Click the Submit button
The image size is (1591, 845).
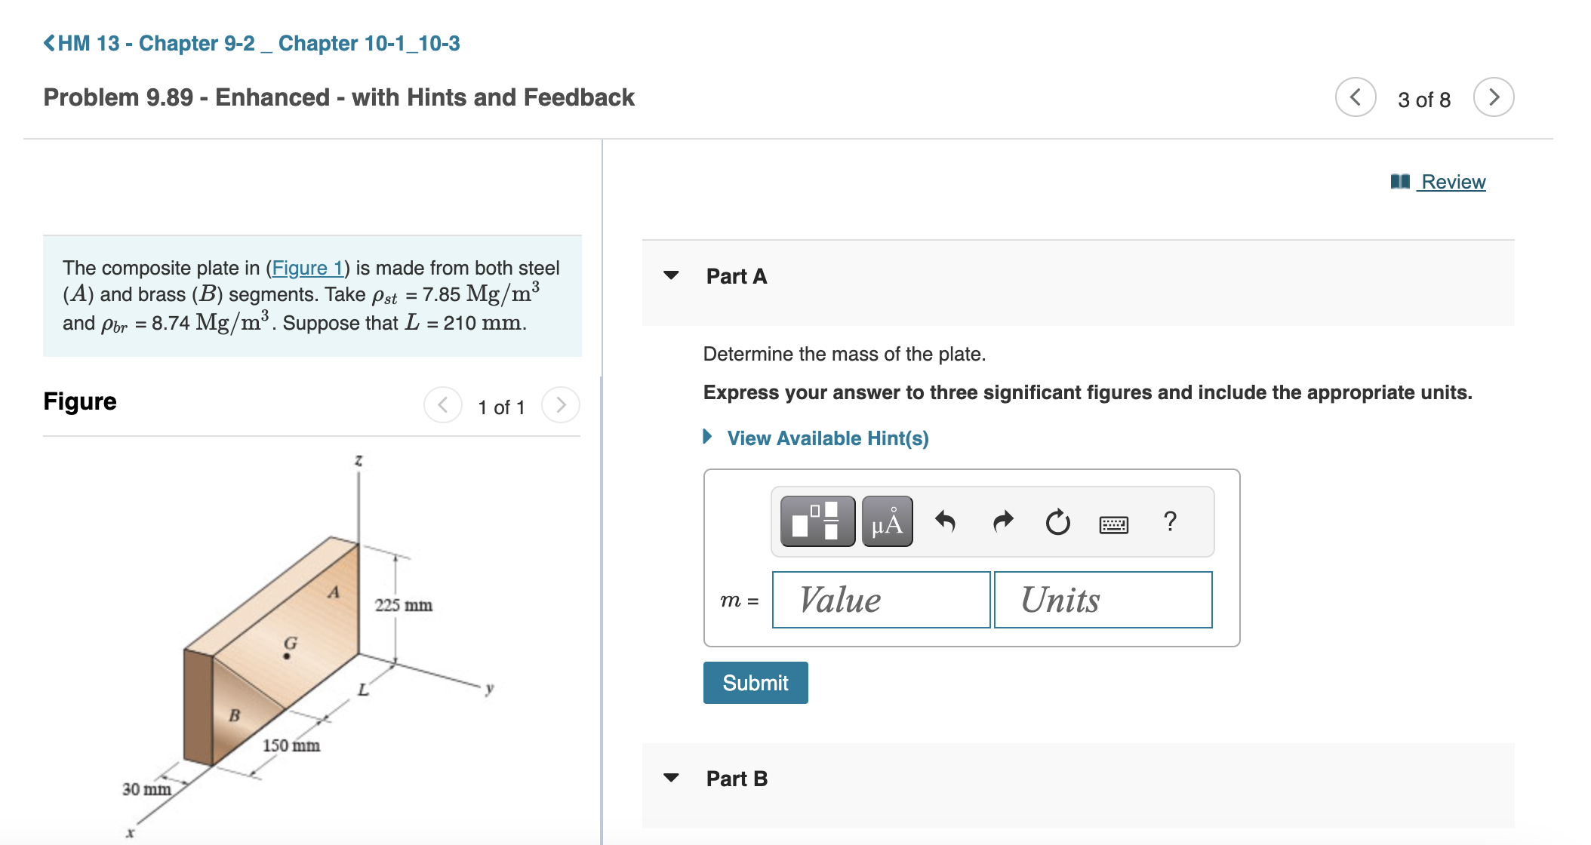tap(755, 683)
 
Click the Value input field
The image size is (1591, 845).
tap(881, 600)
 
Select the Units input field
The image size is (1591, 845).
tap(1103, 600)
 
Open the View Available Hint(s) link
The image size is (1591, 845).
tap(827, 438)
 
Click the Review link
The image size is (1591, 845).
tap(1452, 182)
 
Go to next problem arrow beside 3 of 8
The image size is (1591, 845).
tap(1493, 97)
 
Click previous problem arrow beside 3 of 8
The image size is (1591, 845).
tap(1356, 97)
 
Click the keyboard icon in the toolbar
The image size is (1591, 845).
tap(1113, 522)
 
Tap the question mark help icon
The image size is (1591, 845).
tap(1170, 521)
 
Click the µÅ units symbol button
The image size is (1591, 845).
tap(887, 522)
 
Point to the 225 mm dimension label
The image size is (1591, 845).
tap(404, 605)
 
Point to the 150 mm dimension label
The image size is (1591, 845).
tap(291, 745)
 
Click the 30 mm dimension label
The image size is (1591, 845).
tap(146, 789)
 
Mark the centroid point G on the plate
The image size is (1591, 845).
tap(287, 656)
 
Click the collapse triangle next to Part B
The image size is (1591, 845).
tap(671, 778)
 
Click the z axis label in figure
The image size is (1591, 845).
tap(359, 460)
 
